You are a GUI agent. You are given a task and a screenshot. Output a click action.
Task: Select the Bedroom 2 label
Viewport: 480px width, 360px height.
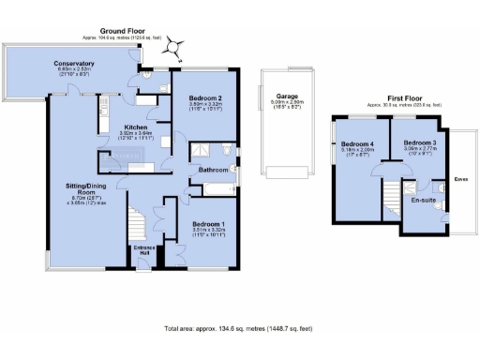[204, 98]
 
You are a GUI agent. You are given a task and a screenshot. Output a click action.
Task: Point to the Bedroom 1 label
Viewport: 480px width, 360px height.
[208, 225]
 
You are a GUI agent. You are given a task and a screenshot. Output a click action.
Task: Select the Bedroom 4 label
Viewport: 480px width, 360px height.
[358, 143]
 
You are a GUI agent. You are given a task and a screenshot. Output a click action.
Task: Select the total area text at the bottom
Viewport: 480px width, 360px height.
[239, 329]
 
